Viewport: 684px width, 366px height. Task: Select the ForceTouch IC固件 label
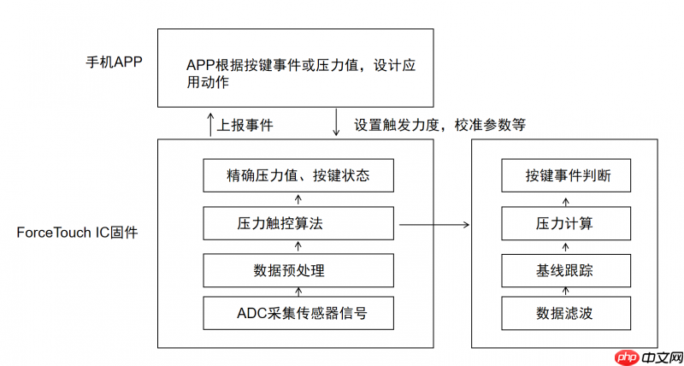pyautogui.click(x=76, y=233)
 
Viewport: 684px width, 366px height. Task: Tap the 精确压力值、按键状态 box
pyautogui.click(x=298, y=176)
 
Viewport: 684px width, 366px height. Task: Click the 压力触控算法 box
pyautogui.click(x=298, y=224)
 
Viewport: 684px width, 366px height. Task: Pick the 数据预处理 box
pyautogui.click(x=298, y=270)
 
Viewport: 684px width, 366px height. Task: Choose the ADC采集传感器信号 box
pyautogui.click(x=298, y=312)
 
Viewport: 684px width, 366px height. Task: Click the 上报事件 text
pyautogui.click(x=245, y=124)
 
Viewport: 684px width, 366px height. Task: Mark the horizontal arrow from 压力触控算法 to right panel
pyautogui.click(x=432, y=225)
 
